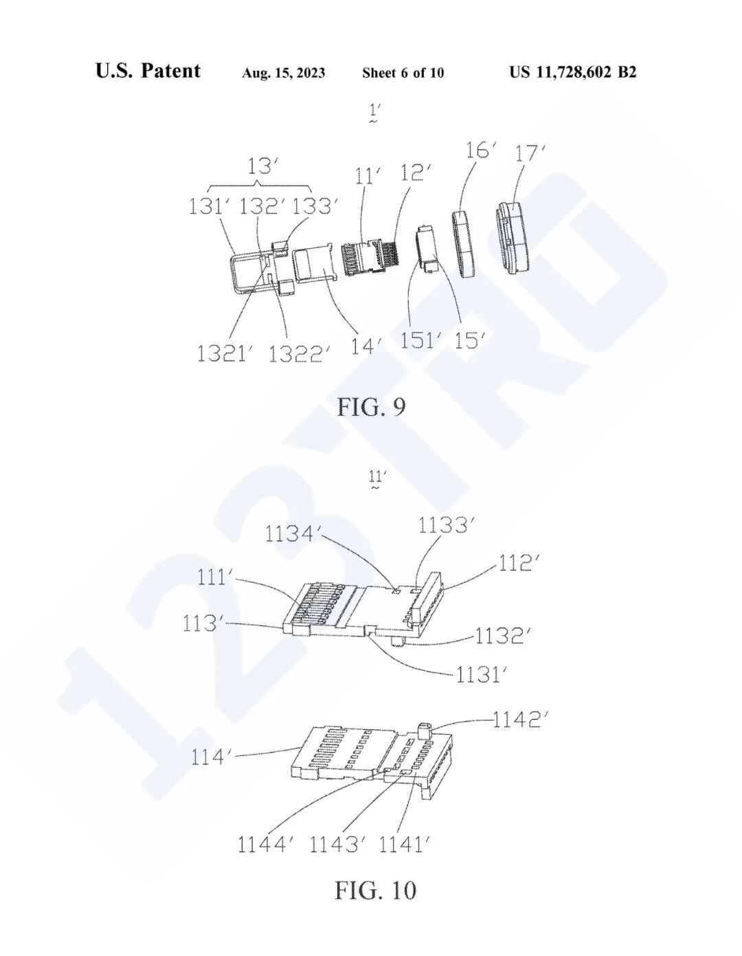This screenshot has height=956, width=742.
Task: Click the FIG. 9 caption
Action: [370, 408]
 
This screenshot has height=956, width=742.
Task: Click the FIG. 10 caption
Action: [375, 890]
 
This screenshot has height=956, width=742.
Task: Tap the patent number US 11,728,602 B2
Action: [573, 71]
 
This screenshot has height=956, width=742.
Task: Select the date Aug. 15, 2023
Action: [283, 73]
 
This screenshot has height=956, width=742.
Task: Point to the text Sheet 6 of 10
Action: [403, 73]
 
